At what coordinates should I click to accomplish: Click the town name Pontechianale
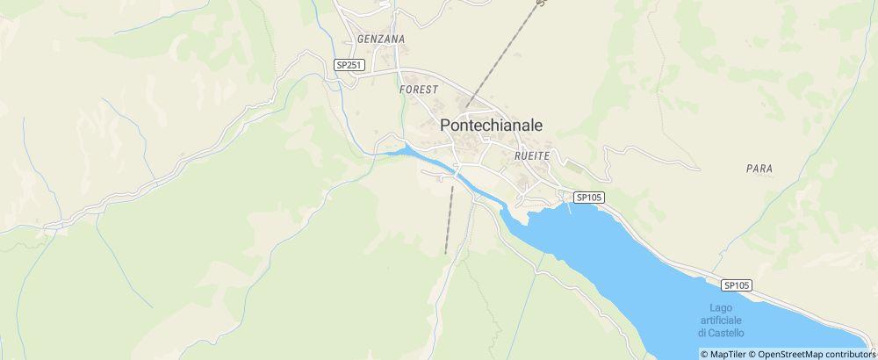(491, 126)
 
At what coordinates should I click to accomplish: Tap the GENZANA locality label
(381, 40)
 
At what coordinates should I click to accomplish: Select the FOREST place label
(418, 90)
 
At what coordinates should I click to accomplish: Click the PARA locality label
(758, 168)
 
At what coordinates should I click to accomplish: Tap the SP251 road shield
(349, 65)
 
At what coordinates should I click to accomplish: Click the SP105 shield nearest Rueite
(589, 198)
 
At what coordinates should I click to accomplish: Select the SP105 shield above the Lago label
(738, 285)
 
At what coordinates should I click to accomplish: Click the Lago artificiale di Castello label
(721, 320)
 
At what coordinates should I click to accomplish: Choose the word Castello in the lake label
(721, 334)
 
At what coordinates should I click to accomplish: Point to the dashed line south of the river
(450, 220)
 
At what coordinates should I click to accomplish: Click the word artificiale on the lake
(721, 320)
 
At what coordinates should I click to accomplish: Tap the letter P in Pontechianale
(444, 126)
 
